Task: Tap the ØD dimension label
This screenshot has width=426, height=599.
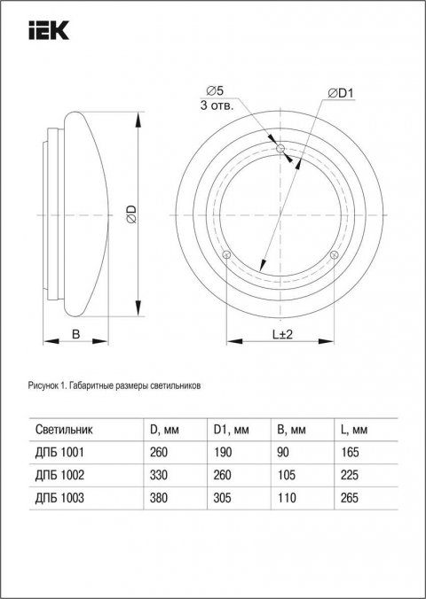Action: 129,213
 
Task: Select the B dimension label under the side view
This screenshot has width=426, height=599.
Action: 76,334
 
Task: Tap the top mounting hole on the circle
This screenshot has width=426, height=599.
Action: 280,150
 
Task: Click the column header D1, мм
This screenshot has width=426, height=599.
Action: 232,431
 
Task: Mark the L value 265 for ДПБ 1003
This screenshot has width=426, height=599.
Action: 350,498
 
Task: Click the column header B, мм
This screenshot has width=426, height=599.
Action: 292,431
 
